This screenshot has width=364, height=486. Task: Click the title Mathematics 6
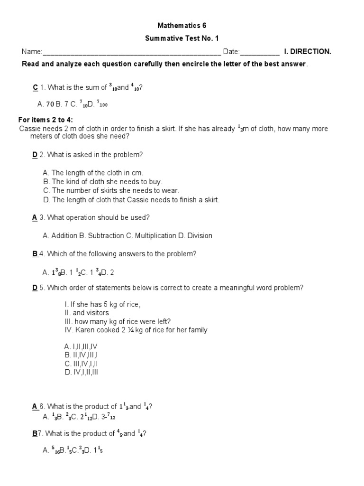point(182,26)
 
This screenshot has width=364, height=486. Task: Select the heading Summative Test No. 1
point(182,38)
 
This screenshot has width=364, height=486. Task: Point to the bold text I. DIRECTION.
point(308,52)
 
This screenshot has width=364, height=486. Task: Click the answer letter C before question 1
point(35,87)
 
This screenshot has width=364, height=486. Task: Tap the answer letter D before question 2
point(35,155)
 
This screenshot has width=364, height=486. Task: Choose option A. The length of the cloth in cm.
point(92,173)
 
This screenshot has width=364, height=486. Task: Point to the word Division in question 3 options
point(200,235)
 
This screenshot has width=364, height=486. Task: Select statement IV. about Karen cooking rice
point(136,330)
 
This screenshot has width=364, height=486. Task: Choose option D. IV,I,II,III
point(81,373)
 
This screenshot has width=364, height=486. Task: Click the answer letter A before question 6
point(35,406)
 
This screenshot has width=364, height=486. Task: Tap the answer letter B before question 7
point(34,433)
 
